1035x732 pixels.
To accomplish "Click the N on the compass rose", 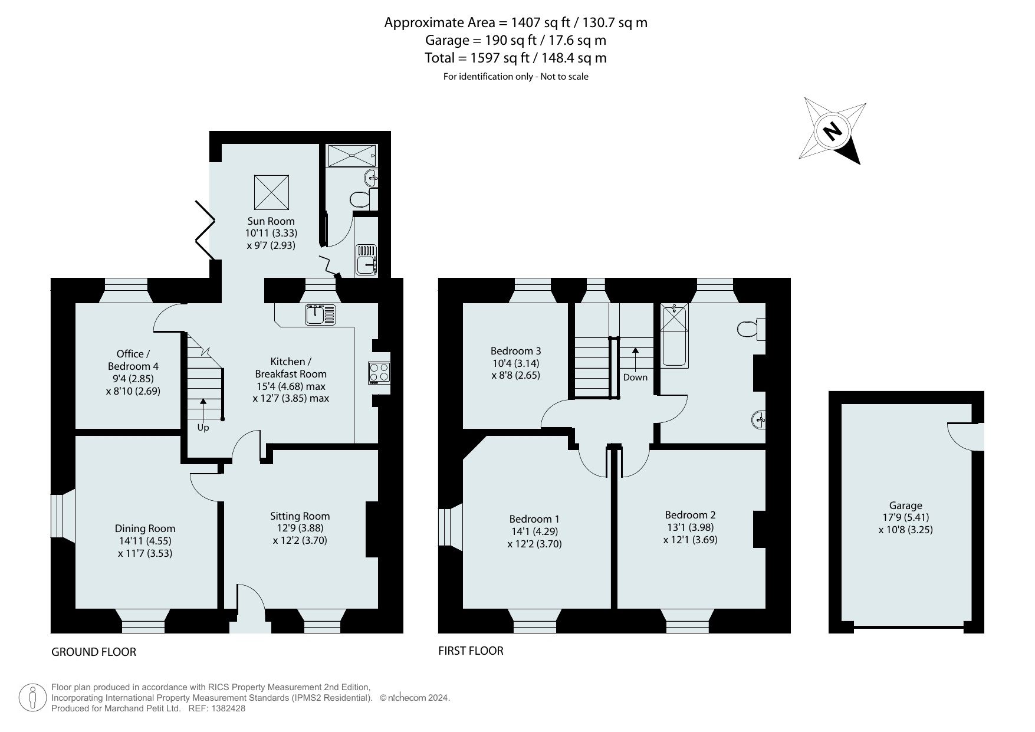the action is pyautogui.click(x=832, y=131).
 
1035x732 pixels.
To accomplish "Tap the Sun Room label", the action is pyautogui.click(x=271, y=221).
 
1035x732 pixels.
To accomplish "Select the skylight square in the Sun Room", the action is pyautogui.click(x=271, y=192).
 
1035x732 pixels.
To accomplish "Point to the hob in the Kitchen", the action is pyautogui.click(x=379, y=373).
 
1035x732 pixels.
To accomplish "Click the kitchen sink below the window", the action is pyautogui.click(x=320, y=314).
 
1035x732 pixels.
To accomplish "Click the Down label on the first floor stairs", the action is pyautogui.click(x=635, y=378).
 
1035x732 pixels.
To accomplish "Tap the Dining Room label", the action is pyautogui.click(x=145, y=529).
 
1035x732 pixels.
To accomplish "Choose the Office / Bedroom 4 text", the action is pyautogui.click(x=133, y=360).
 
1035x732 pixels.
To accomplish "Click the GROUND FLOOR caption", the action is pyautogui.click(x=94, y=652).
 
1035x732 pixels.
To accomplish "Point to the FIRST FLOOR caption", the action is pyautogui.click(x=471, y=651).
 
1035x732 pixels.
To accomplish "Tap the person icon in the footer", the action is pyautogui.click(x=32, y=698).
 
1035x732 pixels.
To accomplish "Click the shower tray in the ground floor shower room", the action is pyautogui.click(x=352, y=156).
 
